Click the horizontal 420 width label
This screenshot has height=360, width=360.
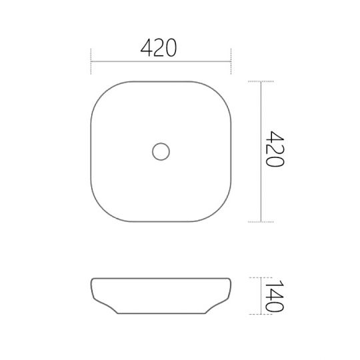coord(159,48)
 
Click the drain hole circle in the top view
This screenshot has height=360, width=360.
coord(161,151)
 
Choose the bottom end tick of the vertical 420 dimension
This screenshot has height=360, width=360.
coord(260,221)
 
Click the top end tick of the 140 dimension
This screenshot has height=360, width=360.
coord(260,276)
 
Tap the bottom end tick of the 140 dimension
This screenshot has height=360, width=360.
coord(260,315)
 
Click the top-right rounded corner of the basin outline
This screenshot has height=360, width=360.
coord(221,91)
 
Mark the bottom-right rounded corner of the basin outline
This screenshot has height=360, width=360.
coord(221,211)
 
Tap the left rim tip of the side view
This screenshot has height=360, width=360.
coord(91,277)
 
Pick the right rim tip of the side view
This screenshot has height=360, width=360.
coord(231,277)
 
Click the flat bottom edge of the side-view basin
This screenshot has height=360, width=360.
coord(161,314)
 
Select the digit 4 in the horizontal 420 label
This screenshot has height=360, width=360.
coord(147,48)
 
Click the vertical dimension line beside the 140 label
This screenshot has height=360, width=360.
coord(260,295)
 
